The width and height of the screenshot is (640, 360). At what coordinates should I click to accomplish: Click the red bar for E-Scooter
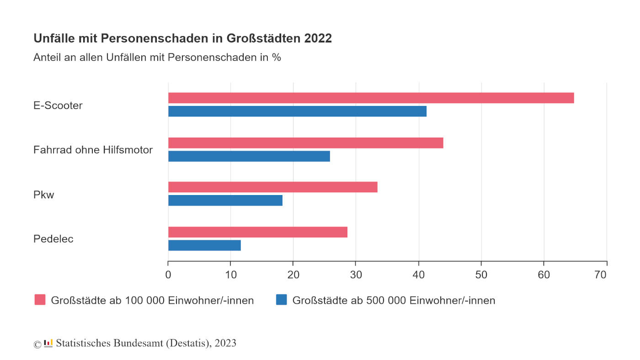click(x=371, y=98)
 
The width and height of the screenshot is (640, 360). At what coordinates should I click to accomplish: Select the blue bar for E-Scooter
click(x=297, y=111)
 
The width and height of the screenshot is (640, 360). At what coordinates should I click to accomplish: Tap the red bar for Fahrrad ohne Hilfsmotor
click(x=305, y=143)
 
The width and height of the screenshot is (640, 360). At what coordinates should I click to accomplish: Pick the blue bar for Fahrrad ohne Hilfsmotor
click(x=249, y=156)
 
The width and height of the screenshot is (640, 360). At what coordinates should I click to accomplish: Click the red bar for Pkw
click(x=272, y=187)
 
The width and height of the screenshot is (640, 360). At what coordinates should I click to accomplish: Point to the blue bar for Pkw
click(x=225, y=201)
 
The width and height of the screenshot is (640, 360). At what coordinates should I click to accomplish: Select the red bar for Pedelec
click(x=257, y=232)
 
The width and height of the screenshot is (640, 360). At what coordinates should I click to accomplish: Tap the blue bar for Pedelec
click(x=204, y=245)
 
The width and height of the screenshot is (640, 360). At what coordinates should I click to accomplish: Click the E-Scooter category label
click(x=58, y=106)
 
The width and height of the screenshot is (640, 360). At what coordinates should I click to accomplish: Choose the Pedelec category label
click(x=53, y=239)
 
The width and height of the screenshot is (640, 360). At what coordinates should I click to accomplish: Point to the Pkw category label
click(x=44, y=195)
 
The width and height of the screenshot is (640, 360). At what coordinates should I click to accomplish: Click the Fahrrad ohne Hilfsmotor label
click(x=93, y=150)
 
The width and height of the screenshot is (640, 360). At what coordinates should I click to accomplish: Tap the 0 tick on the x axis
click(x=168, y=275)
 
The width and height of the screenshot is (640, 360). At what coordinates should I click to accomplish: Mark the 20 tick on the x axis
click(x=293, y=275)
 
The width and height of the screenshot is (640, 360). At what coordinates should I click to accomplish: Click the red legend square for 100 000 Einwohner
click(x=40, y=300)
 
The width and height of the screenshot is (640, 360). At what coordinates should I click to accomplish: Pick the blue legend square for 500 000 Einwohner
click(x=281, y=300)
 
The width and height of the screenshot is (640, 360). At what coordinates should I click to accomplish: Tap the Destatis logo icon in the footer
click(x=48, y=343)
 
